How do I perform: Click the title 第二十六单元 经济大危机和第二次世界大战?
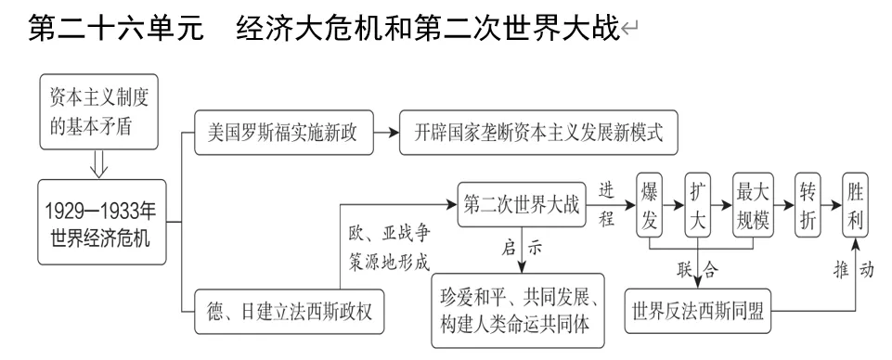tap(323, 27)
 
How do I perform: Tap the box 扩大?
tap(698, 204)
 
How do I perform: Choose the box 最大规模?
tap(753, 204)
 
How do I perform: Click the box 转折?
tap(809, 204)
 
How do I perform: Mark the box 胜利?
tap(858, 204)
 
